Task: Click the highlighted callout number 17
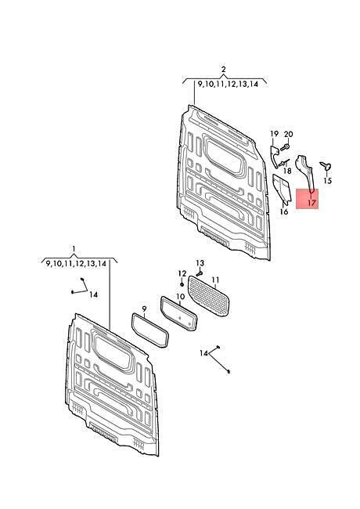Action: pyautogui.click(x=311, y=204)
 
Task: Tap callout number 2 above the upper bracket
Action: pyautogui.click(x=224, y=70)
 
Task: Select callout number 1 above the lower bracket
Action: pyautogui.click(x=74, y=249)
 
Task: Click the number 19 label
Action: pyautogui.click(x=275, y=134)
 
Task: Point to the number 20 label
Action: pyautogui.click(x=288, y=134)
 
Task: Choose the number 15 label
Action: pyautogui.click(x=328, y=180)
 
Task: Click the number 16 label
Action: pyautogui.click(x=284, y=211)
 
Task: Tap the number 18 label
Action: pyautogui.click(x=287, y=171)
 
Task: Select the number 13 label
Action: pyautogui.click(x=200, y=263)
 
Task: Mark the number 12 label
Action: pyautogui.click(x=182, y=273)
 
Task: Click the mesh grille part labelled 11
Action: pyautogui.click(x=208, y=296)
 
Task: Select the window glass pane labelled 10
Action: pyautogui.click(x=178, y=313)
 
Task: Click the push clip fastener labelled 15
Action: pyautogui.click(x=326, y=166)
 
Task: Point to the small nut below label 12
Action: pyautogui.click(x=182, y=285)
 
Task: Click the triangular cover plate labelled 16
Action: pyautogui.click(x=281, y=190)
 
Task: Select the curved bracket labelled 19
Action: pyautogui.click(x=275, y=157)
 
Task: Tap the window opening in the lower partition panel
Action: pyautogui.click(x=113, y=352)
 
